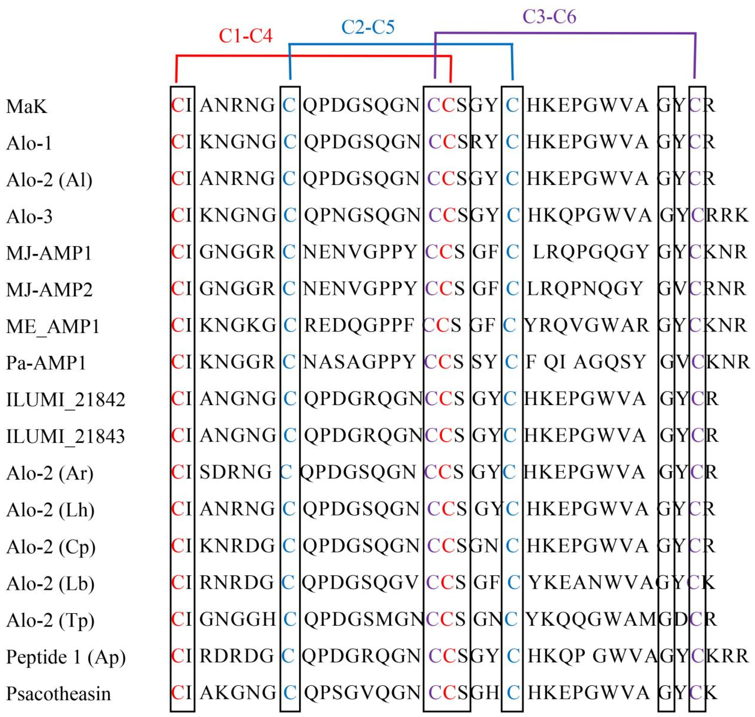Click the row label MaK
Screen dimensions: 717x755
[x=27, y=106]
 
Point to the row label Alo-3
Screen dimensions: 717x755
[x=29, y=216]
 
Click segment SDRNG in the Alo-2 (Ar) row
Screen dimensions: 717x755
[x=235, y=472]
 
